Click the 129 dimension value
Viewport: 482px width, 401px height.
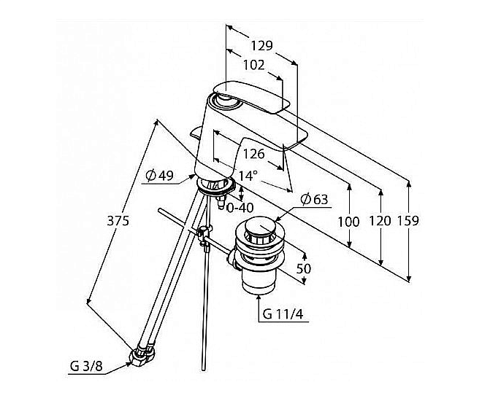tap(262, 46)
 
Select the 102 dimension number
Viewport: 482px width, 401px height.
tap(254, 65)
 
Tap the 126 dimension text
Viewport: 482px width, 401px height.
tap(254, 154)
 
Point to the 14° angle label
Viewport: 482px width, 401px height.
tap(248, 176)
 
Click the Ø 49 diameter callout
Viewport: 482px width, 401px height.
tap(160, 176)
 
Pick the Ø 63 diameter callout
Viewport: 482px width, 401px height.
tap(315, 200)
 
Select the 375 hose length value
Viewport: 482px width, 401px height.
tap(118, 221)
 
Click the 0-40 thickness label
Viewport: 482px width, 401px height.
tap(240, 208)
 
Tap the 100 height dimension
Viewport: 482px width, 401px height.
tap(348, 222)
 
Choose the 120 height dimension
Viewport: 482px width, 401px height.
tap(380, 221)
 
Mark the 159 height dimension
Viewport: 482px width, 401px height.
tap(408, 221)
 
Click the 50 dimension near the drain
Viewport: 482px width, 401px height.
tap(304, 269)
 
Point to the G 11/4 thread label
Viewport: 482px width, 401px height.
tap(283, 314)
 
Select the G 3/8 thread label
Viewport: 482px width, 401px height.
tap(86, 366)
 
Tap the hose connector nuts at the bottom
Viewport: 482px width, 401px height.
tap(142, 355)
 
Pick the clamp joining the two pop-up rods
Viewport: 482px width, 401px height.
tap(204, 234)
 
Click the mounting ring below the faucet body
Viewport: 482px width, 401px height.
tap(215, 186)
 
